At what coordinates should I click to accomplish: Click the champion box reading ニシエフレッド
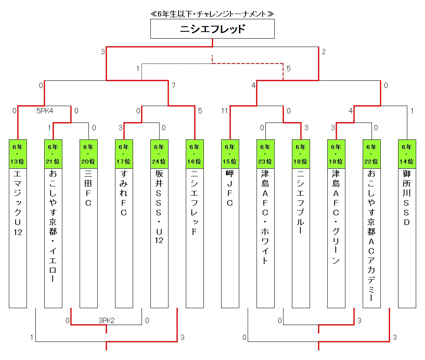point(212,29)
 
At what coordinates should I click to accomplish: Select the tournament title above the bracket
point(212,14)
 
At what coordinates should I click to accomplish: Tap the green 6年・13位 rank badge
point(18,154)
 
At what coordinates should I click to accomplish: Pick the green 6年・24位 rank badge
point(159,154)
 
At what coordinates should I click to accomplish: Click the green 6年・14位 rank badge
point(407,154)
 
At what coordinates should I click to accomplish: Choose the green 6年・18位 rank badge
point(301,154)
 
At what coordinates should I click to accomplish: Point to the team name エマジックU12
point(18,203)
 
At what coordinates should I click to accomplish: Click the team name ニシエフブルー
point(301,202)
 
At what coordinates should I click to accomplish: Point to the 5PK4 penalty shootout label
point(44,111)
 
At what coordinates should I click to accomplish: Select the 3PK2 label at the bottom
point(106,320)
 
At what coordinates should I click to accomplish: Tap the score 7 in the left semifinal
point(174,85)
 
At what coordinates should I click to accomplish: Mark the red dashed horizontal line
point(248,63)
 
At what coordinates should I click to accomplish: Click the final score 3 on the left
point(103,51)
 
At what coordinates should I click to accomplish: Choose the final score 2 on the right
point(324,51)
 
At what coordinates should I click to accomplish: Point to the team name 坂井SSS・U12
point(159,207)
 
